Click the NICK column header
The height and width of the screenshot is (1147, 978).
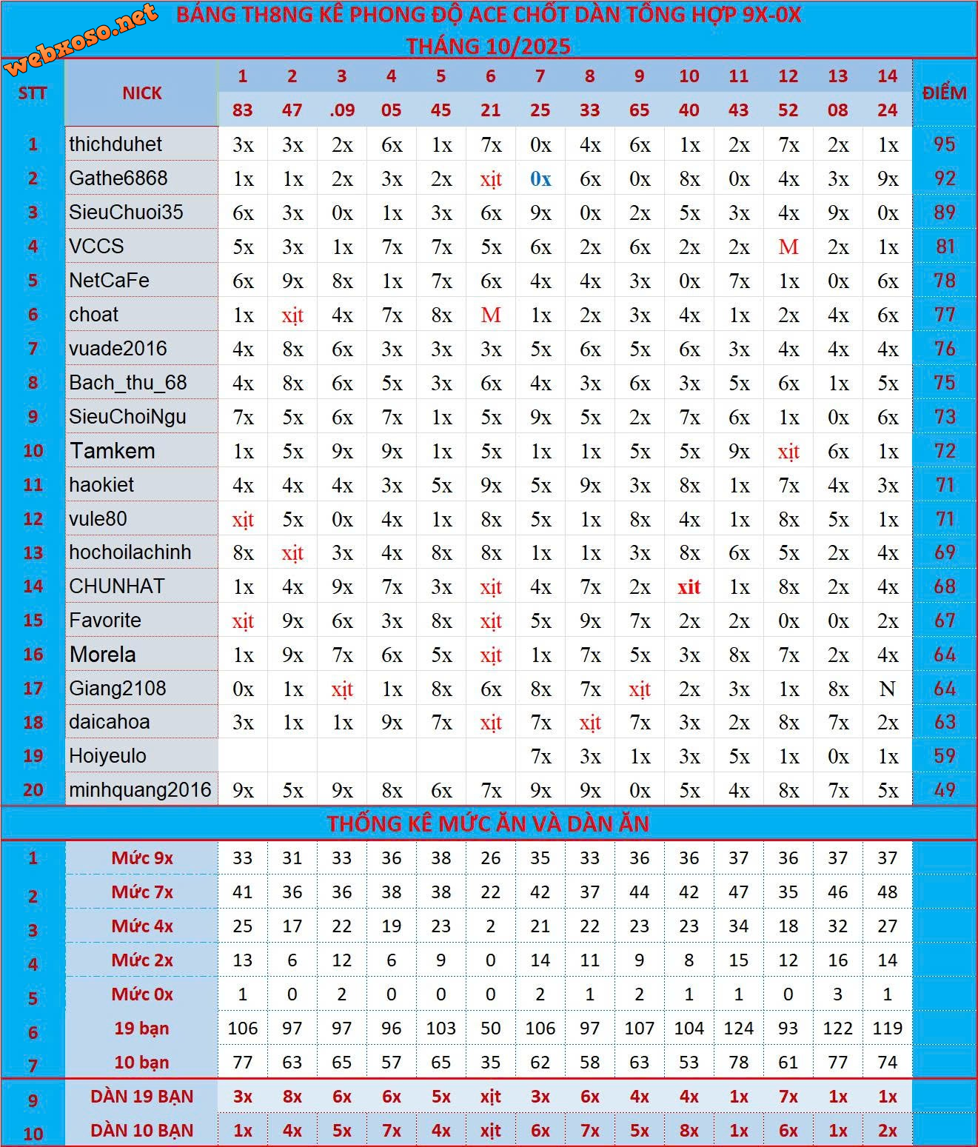pos(141,93)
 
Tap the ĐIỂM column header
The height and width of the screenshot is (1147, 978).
pos(944,93)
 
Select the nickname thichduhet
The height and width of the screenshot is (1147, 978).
pos(115,144)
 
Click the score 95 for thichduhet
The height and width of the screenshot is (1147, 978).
pos(944,144)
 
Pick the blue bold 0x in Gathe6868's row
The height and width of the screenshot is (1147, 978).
pos(540,178)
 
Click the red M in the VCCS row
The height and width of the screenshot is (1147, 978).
pos(788,247)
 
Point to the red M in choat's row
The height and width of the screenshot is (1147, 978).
pos(491,315)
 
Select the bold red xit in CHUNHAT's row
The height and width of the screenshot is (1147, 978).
pos(689,586)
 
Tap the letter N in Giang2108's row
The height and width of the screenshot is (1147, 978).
pos(887,689)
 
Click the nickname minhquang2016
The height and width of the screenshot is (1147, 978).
pos(140,790)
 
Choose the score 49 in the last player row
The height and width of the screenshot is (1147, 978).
pos(944,790)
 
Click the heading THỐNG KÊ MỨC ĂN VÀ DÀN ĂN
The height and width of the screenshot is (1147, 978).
pos(488,823)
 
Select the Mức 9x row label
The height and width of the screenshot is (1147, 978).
pos(141,858)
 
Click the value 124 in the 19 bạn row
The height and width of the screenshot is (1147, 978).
pos(738,1029)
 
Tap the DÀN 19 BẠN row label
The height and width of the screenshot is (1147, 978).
pos(141,1097)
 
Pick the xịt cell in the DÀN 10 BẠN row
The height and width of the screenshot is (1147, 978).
pos(490,1131)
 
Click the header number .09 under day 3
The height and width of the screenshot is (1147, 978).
pos(341,110)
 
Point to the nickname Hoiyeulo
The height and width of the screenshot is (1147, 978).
pos(107,756)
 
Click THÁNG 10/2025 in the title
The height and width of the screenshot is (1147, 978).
pos(488,46)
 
